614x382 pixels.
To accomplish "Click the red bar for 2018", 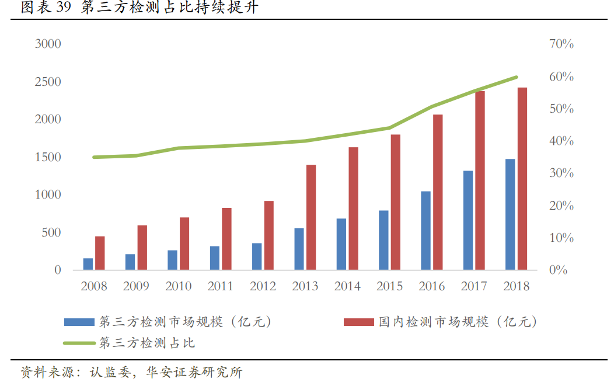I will [522, 179].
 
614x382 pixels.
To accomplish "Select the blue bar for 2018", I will [510, 214].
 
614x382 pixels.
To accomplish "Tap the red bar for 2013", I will [311, 217].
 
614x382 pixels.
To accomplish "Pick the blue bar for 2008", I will [88, 264].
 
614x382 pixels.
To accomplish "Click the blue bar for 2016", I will [425, 231].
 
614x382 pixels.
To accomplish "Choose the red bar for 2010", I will [184, 244].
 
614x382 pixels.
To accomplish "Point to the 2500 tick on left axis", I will [48, 81].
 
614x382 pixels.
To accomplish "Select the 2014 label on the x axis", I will [347, 286].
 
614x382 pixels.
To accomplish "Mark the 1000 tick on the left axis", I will [48, 195].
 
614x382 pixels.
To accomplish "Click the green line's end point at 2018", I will [517, 77].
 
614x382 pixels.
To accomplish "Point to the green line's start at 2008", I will [94, 157].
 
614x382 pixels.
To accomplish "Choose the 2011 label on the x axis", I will [221, 286].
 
